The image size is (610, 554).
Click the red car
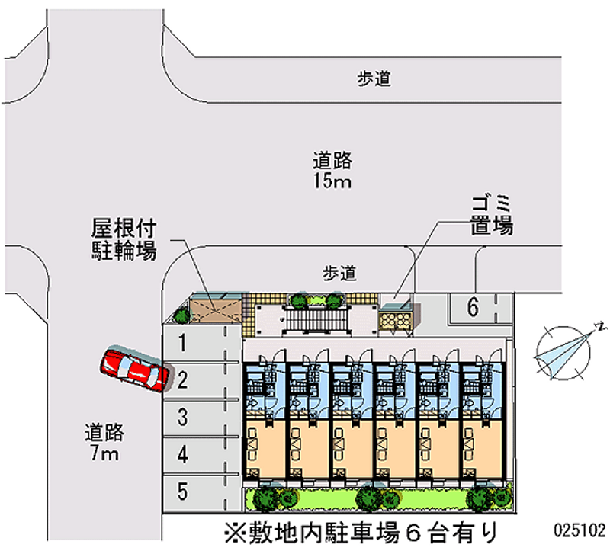click(x=135, y=370)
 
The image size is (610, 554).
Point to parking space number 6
click(x=480, y=308)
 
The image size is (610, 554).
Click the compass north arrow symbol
click(x=567, y=351)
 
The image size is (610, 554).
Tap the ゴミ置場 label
click(x=492, y=216)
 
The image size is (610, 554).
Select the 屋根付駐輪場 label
click(x=124, y=239)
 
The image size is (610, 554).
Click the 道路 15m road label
click(x=332, y=171)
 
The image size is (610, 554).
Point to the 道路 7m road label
click(x=104, y=442)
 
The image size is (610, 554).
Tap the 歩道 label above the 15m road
click(x=374, y=79)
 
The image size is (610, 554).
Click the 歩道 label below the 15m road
click(x=339, y=274)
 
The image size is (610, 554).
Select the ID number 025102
click(x=579, y=530)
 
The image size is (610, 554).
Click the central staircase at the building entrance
click(x=316, y=319)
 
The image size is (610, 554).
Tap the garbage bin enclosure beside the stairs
click(x=396, y=319)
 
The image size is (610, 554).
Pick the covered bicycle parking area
click(x=216, y=309)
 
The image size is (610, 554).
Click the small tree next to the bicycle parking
click(x=181, y=315)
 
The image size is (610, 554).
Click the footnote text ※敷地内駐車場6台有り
click(x=361, y=532)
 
